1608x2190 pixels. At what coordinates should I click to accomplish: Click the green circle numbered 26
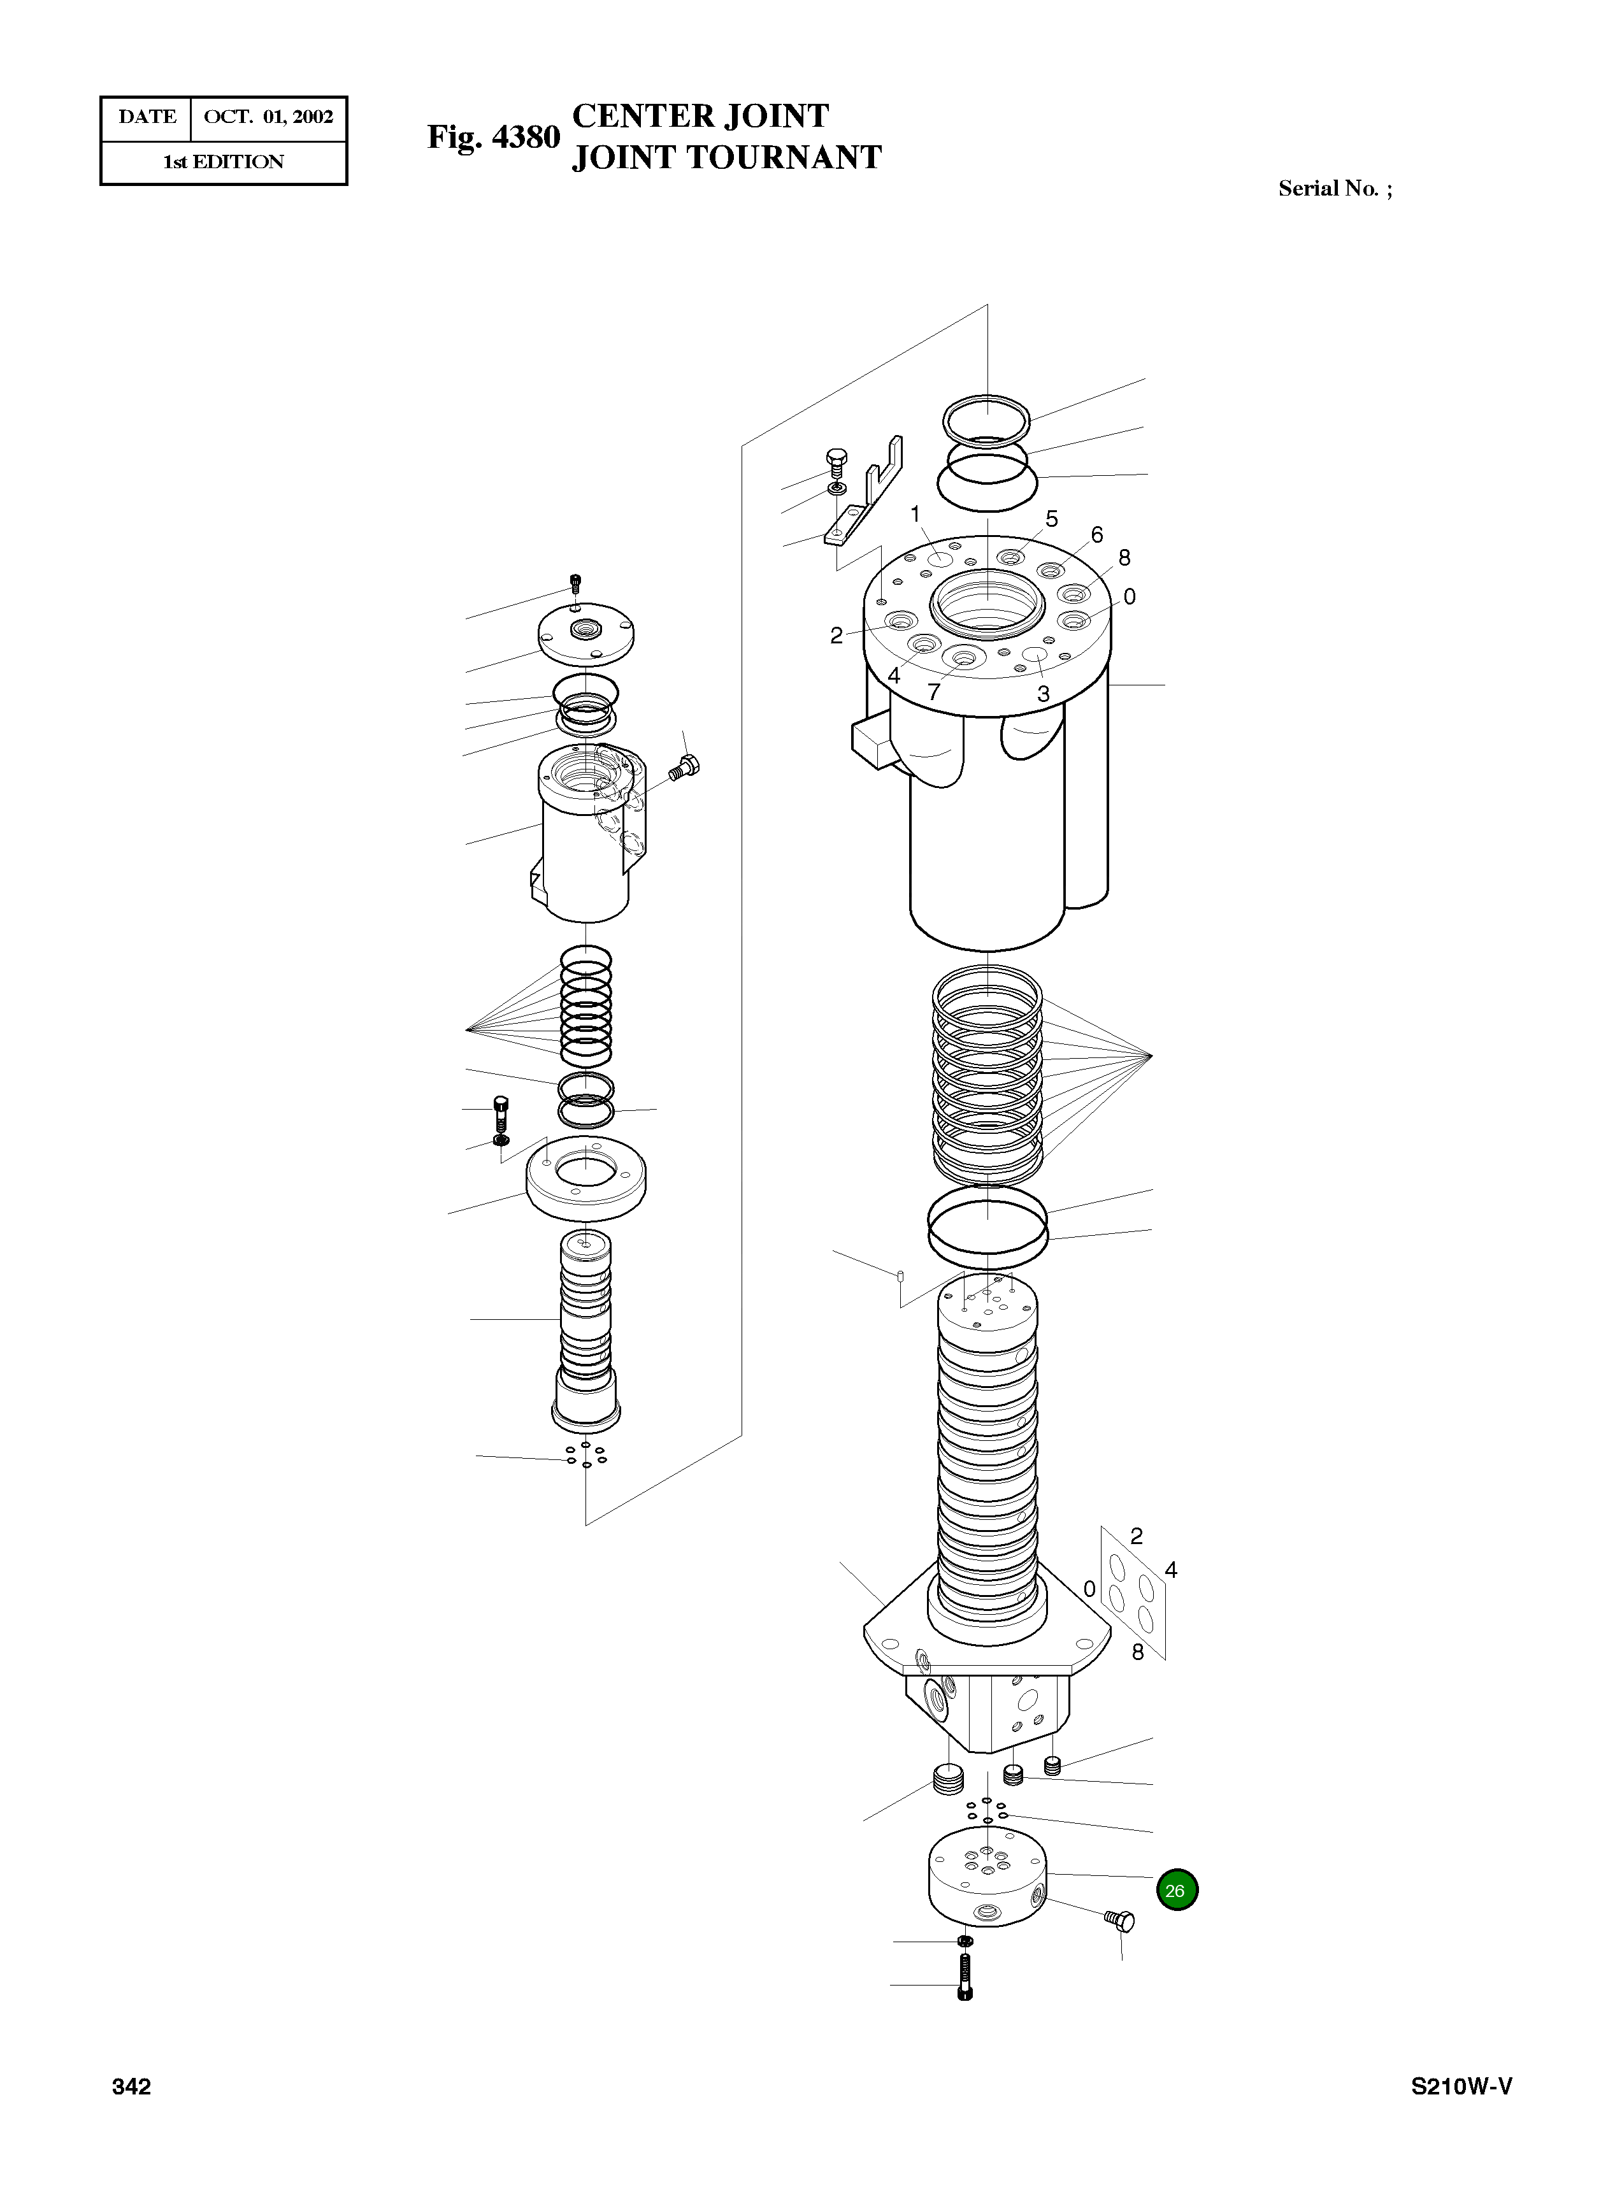(x=1176, y=1889)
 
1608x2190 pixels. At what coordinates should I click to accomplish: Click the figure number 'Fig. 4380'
(x=494, y=137)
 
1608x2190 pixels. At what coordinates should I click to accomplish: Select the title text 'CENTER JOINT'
(x=700, y=116)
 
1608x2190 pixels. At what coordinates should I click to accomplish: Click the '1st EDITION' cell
(x=223, y=162)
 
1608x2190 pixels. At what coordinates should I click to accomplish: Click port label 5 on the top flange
(x=1051, y=519)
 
